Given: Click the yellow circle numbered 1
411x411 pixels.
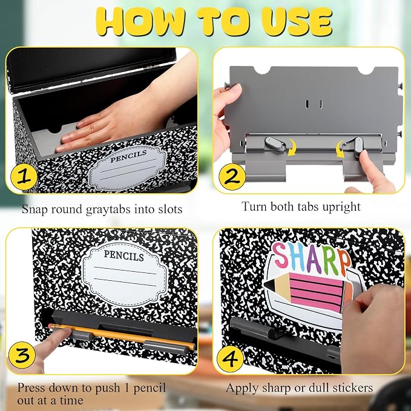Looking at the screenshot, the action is [24, 177].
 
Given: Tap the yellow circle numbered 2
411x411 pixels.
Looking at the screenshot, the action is [232, 177].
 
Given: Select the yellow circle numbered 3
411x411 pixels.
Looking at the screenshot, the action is [22, 355].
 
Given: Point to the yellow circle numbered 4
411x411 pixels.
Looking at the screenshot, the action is [230, 359].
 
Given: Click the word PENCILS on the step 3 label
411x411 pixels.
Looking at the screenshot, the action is [123, 255].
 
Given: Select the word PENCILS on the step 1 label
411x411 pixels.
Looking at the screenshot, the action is [128, 156].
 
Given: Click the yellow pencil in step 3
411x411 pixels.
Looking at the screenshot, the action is [122, 337].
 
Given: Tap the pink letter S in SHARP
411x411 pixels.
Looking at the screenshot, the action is [280, 255].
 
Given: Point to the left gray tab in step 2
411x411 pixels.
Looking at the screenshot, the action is [274, 144].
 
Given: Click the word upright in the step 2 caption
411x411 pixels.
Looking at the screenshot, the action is [341, 207].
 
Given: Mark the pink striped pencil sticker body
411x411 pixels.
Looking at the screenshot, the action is [316, 292].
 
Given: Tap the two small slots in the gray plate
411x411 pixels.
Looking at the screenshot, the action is [314, 104].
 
